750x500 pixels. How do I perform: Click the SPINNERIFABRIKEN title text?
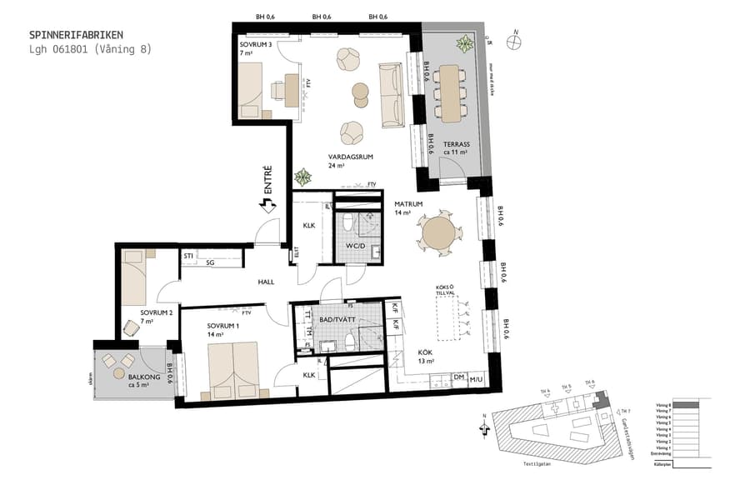tap(76, 35)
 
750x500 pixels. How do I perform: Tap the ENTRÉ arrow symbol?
tap(268, 203)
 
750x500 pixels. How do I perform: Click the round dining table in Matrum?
tap(438, 234)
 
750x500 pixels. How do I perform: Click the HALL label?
tap(266, 282)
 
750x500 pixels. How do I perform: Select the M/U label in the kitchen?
tap(477, 379)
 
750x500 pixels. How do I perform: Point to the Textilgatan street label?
tap(549, 465)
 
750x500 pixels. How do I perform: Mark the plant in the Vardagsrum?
tap(302, 177)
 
